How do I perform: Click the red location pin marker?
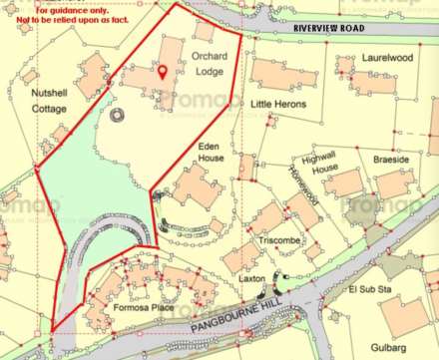[x=164, y=72]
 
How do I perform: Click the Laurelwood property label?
[x=387, y=59]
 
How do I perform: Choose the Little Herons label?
[x=276, y=104]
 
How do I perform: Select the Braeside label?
[x=387, y=160]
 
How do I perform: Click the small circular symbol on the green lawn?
[x=118, y=116]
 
